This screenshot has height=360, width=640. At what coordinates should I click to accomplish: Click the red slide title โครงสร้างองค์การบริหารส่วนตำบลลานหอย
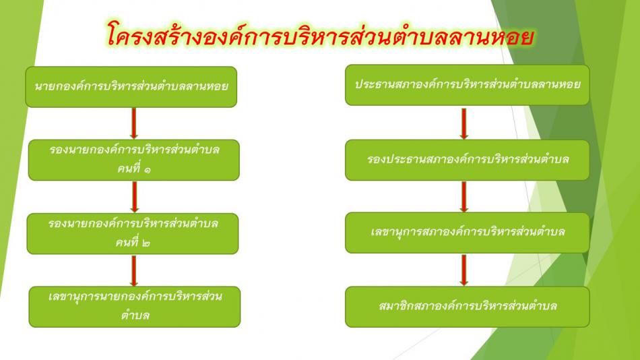coord(321,35)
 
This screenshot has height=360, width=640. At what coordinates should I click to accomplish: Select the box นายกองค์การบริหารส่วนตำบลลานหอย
coord(131,86)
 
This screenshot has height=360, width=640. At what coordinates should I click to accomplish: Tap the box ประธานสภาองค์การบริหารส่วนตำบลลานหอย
coord(468,84)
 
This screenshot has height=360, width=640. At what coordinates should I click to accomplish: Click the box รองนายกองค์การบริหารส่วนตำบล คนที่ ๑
coord(134,160)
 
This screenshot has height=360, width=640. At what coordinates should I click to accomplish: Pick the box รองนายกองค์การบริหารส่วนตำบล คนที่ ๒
coord(133,233)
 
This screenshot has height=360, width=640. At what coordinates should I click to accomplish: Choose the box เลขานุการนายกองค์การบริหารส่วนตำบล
coord(135,307)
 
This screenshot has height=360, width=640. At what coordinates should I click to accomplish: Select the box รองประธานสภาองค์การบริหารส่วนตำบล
coord(468,160)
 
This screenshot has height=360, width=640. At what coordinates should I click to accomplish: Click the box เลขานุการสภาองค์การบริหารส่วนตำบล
coord(468,233)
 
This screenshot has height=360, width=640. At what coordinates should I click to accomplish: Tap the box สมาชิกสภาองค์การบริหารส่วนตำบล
coord(468,307)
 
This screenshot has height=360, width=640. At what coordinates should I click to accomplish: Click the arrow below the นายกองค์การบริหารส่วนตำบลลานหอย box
coord(133,123)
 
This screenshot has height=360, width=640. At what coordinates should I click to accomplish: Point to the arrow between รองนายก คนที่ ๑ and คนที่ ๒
coord(134,197)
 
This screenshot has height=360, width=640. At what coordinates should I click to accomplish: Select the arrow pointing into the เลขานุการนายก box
coord(133,270)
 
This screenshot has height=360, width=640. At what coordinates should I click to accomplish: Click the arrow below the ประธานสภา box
coord(463,123)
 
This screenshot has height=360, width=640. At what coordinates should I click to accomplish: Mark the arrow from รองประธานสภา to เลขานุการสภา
coord(463,197)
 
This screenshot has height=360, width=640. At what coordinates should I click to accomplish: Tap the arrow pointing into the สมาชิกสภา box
coord(463,270)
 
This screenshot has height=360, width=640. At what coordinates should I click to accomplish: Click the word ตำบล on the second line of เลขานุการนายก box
coord(135,315)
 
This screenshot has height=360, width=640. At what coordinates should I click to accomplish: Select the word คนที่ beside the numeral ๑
coord(128,168)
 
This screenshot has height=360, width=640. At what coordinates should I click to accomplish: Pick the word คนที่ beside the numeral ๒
coord(127,241)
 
